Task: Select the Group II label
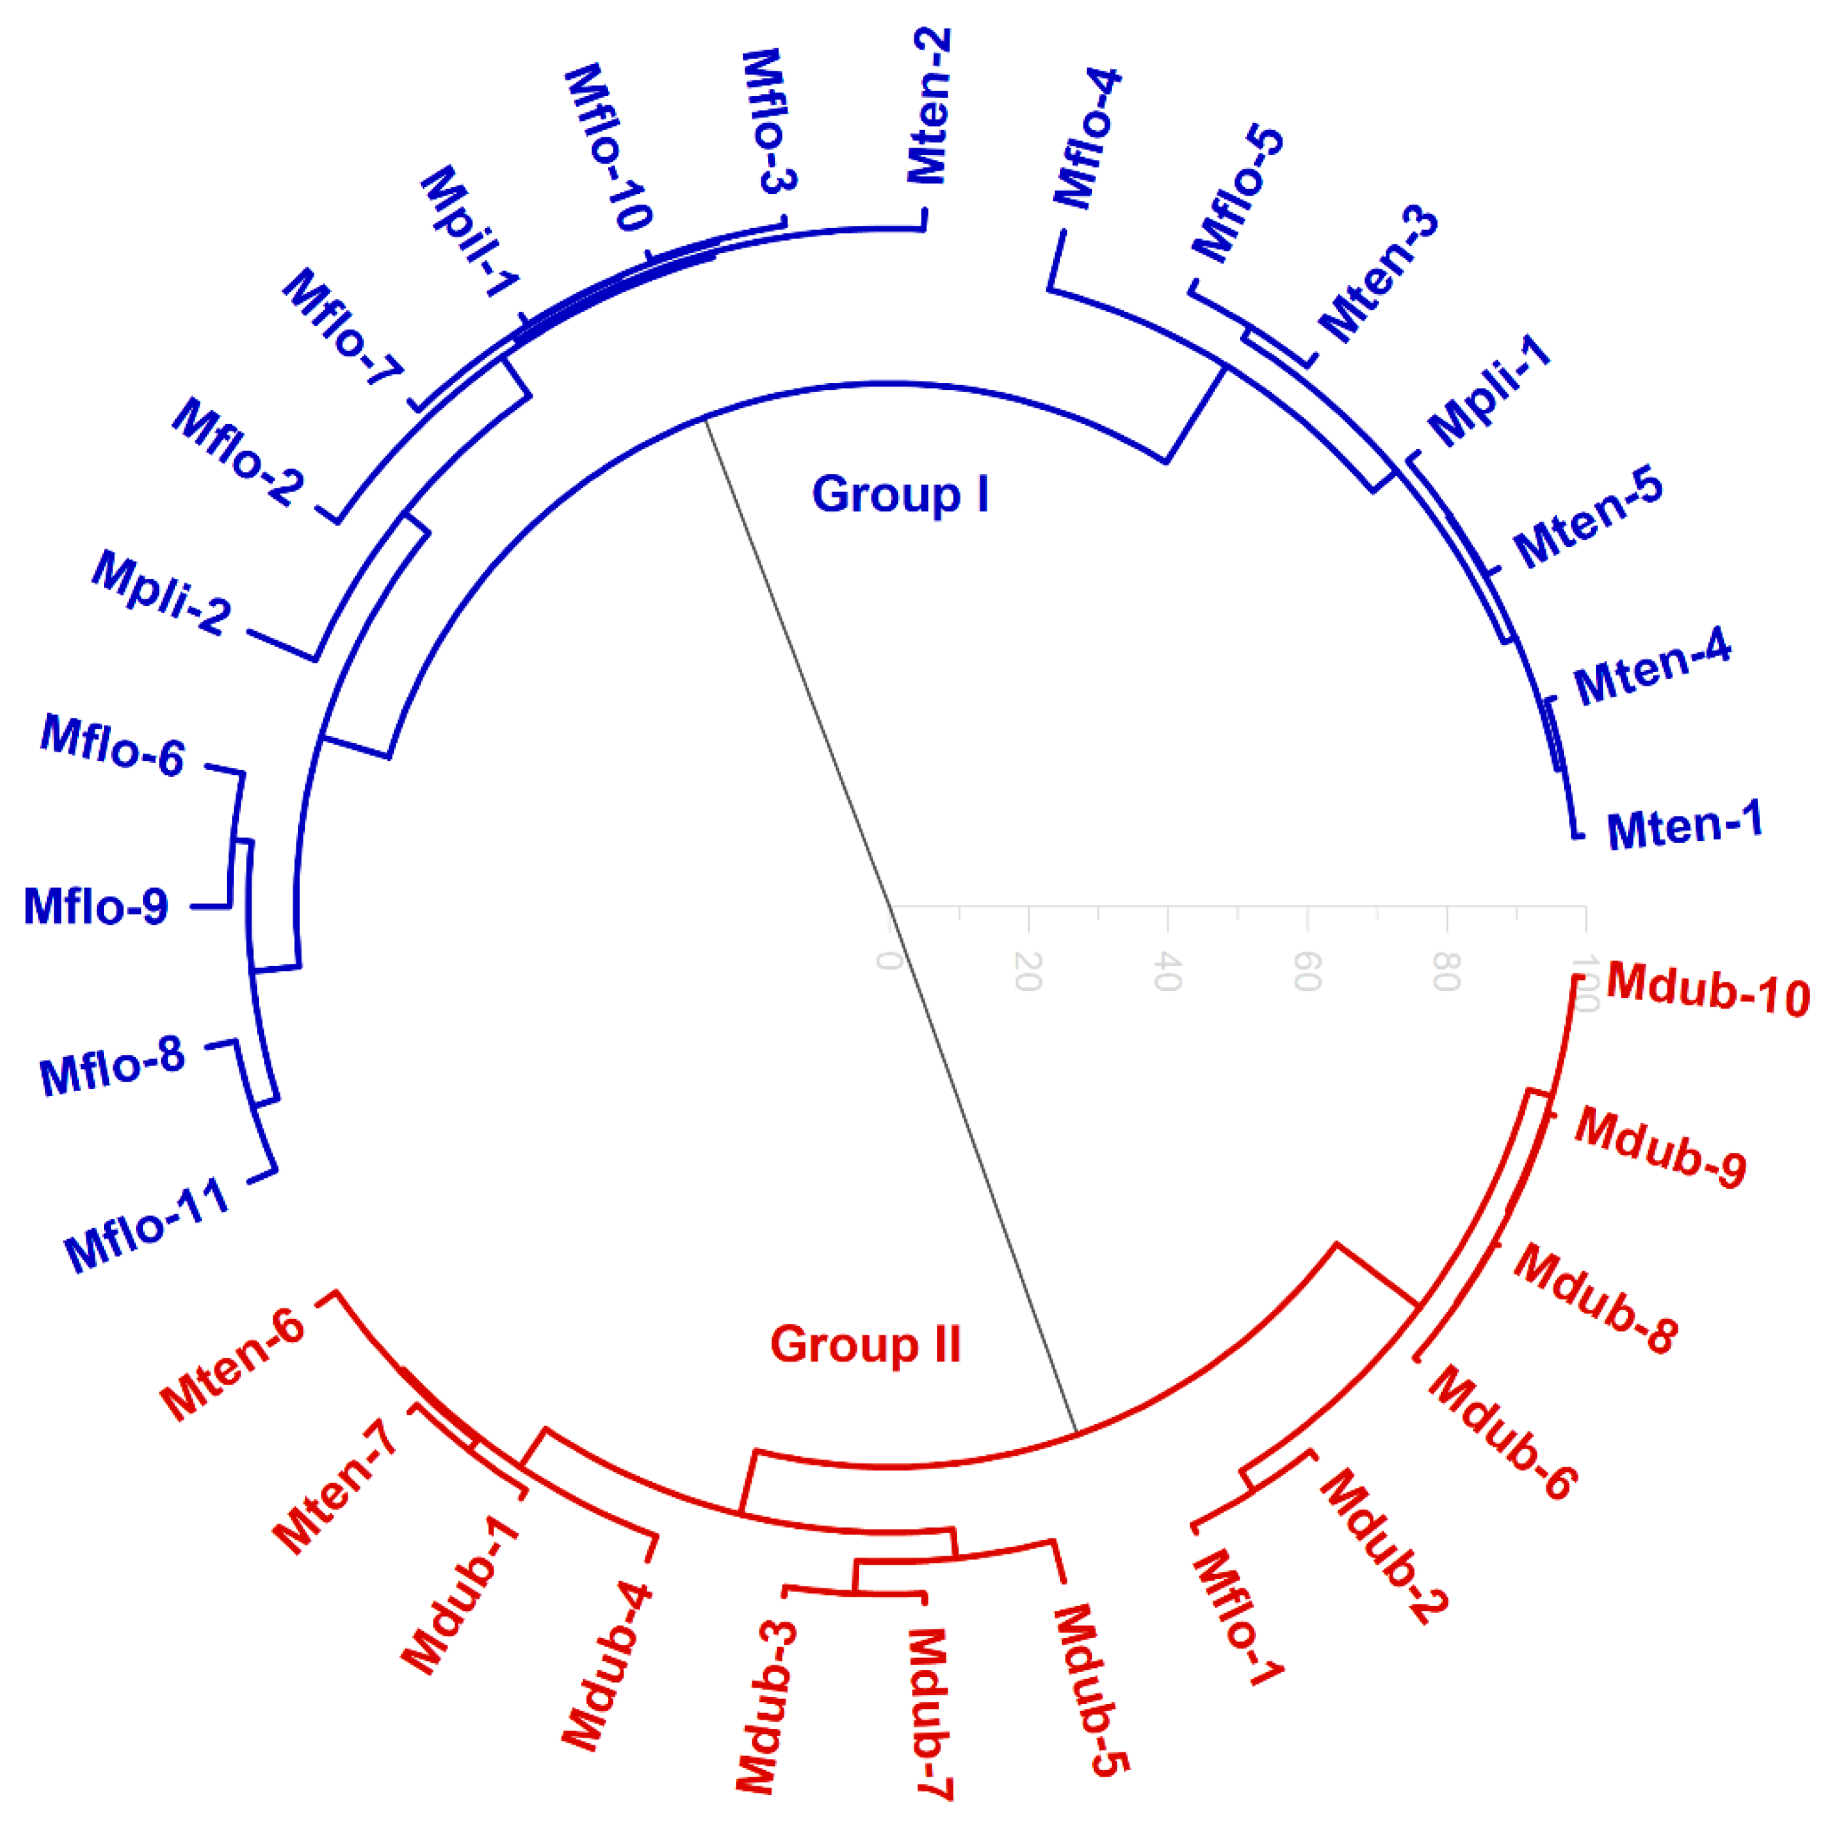click(x=865, y=1344)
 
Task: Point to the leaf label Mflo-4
click(x=1088, y=139)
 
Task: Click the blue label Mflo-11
click(x=147, y=1224)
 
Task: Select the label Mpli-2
click(x=161, y=593)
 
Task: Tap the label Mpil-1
click(x=469, y=231)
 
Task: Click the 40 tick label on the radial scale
click(x=1167, y=972)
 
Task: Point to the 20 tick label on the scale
click(x=1028, y=971)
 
